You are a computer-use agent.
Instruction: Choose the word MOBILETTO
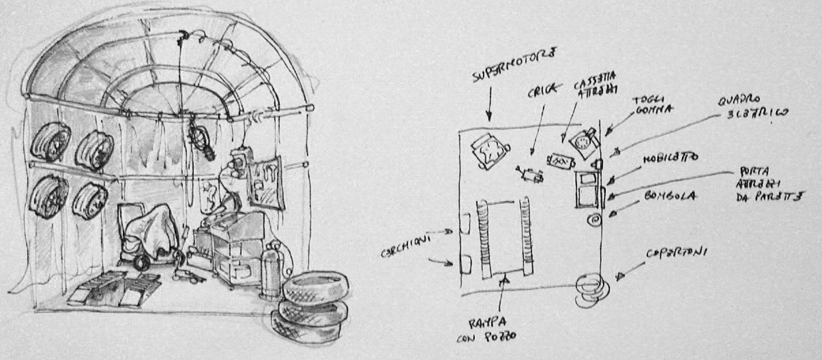[x=670, y=158]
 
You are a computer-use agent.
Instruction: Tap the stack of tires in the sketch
[x=312, y=304]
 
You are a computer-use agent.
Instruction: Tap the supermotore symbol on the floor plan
[x=490, y=151]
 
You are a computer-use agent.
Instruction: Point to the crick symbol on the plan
[x=529, y=175]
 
